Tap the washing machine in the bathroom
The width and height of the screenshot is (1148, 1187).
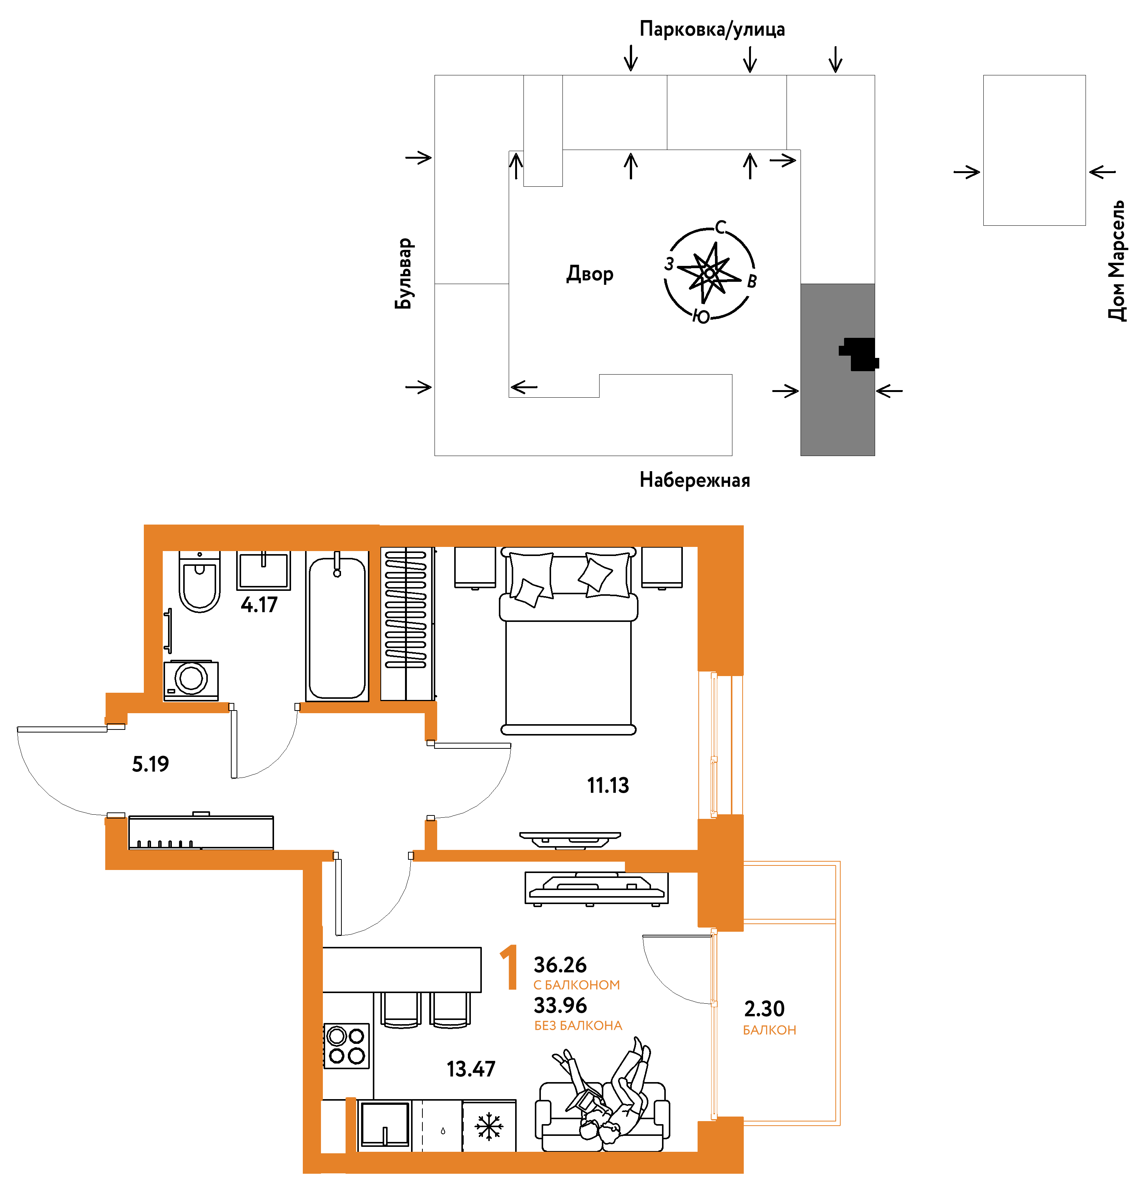point(191,680)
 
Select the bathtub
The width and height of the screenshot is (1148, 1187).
point(337,626)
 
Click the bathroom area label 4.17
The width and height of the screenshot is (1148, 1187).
point(259,604)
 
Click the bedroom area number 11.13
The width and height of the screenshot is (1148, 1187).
point(608,786)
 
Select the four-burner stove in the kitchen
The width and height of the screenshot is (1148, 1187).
point(347,1046)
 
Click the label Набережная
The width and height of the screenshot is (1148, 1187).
point(695,480)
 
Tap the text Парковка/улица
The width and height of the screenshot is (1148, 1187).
point(712,29)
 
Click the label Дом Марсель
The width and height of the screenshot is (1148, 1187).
point(1117,261)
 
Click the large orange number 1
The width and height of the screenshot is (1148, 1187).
point(509,967)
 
